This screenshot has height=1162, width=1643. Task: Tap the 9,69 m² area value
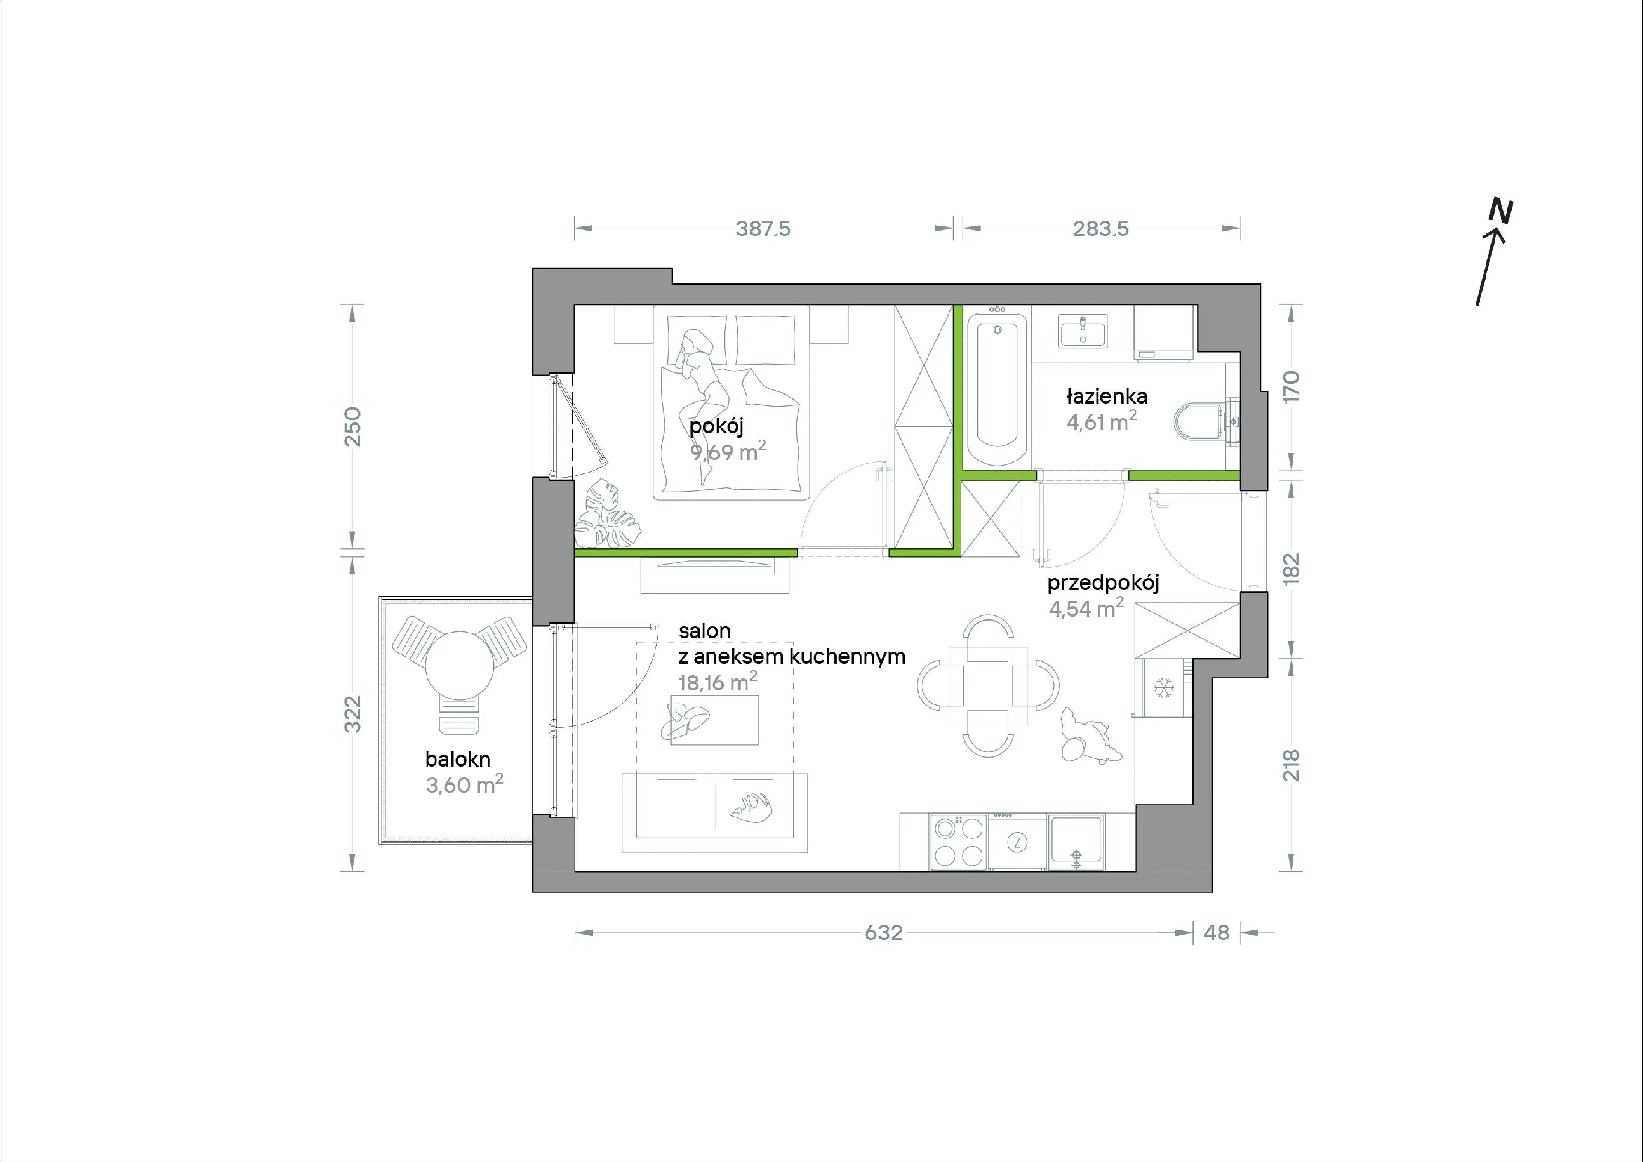pyautogui.click(x=728, y=451)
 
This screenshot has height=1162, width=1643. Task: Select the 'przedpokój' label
pyautogui.click(x=1103, y=583)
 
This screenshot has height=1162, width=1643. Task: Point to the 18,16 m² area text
pyautogui.click(x=718, y=682)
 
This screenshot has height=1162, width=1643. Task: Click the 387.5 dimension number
pyautogui.click(x=763, y=229)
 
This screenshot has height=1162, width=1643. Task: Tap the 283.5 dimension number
pyautogui.click(x=1100, y=229)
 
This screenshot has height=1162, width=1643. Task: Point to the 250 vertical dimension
pyautogui.click(x=352, y=427)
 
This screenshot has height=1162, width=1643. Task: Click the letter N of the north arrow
pyautogui.click(x=1501, y=211)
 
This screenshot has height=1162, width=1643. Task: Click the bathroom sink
pyautogui.click(x=1082, y=332)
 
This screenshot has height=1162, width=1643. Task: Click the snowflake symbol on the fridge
pyautogui.click(x=1164, y=689)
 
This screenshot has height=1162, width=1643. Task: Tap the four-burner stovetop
pyautogui.click(x=959, y=842)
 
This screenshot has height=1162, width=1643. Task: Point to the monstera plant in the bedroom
pyautogui.click(x=606, y=514)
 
